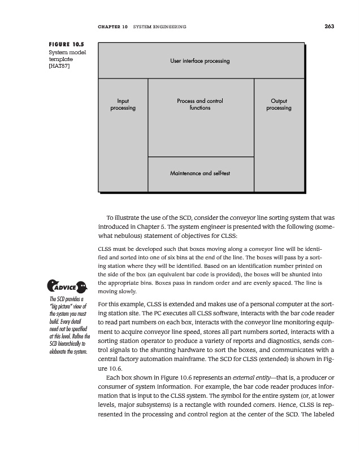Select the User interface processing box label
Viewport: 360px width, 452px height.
pos(200,60)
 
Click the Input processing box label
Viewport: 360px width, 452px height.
pos(123,105)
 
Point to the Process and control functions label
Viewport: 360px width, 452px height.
pos(200,105)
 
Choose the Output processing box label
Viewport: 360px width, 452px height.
pos(279,105)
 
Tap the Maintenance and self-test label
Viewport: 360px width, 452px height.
pos(200,172)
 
